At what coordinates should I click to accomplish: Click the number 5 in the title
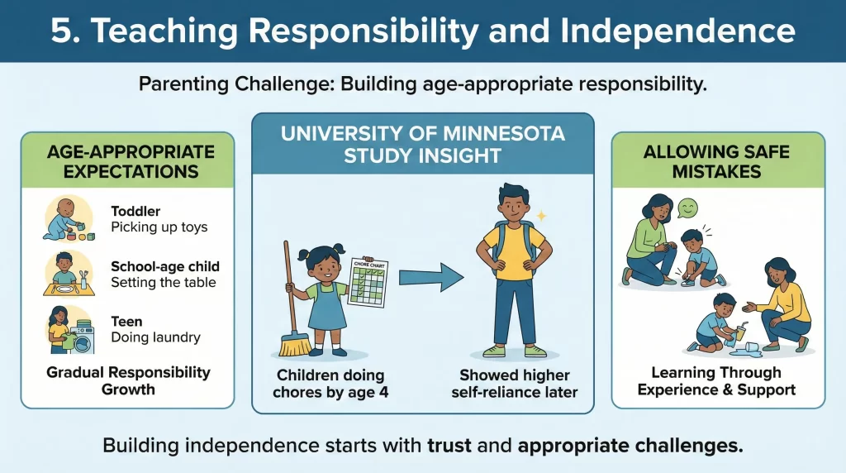click(x=61, y=31)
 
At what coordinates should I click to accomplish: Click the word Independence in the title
click(x=674, y=31)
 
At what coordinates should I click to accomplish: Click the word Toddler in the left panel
click(x=135, y=211)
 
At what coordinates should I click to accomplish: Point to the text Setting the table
click(x=163, y=282)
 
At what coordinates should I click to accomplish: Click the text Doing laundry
click(x=155, y=337)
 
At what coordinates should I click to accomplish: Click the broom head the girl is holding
click(x=296, y=342)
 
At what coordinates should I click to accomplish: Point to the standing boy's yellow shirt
click(x=513, y=249)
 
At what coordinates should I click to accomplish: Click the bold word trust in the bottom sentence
click(x=449, y=446)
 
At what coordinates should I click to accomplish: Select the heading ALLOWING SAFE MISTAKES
click(x=717, y=162)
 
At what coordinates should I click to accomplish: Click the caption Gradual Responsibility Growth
click(x=127, y=380)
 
